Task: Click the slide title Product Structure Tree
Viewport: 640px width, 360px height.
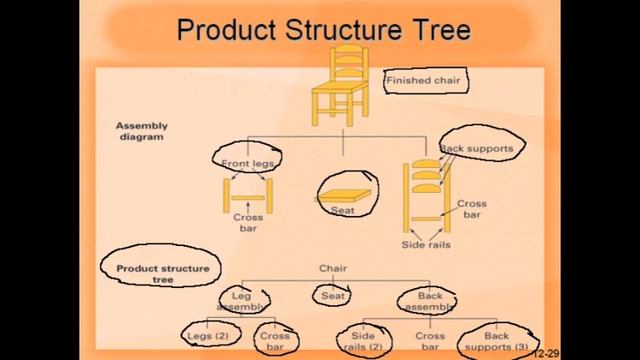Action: coord(322,30)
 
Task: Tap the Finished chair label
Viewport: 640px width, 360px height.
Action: coord(422,79)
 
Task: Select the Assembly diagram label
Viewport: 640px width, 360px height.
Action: coord(142,131)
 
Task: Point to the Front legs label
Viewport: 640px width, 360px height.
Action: coord(246,159)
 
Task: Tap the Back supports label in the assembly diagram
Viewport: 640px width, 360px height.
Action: coord(476,148)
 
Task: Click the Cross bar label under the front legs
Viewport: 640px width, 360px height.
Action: coord(248,222)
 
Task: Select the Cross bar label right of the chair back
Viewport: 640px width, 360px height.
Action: coord(472,209)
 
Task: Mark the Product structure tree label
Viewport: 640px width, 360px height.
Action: coord(162,273)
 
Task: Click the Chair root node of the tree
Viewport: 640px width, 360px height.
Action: coord(333,268)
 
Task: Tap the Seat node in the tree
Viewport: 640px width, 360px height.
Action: coord(333,296)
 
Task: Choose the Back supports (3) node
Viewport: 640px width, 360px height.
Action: coord(497,341)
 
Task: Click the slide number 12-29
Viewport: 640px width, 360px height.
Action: coord(546,354)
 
